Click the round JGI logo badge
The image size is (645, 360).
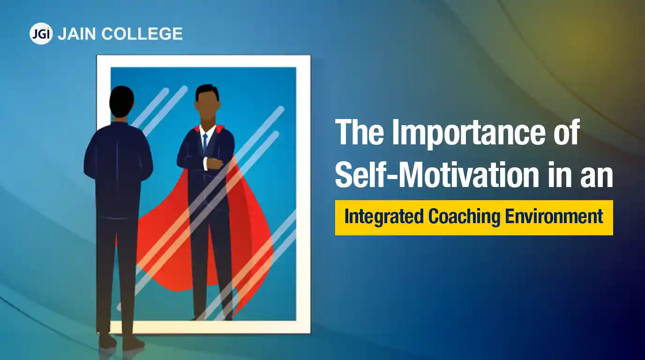(x=41, y=34)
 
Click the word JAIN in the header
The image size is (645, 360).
(x=76, y=34)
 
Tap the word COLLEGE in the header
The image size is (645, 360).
(x=142, y=34)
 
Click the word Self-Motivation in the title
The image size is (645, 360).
(x=437, y=173)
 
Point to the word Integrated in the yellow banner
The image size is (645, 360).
(x=384, y=217)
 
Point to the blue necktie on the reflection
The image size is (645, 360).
(x=205, y=143)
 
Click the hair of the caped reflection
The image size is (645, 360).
(x=207, y=91)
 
